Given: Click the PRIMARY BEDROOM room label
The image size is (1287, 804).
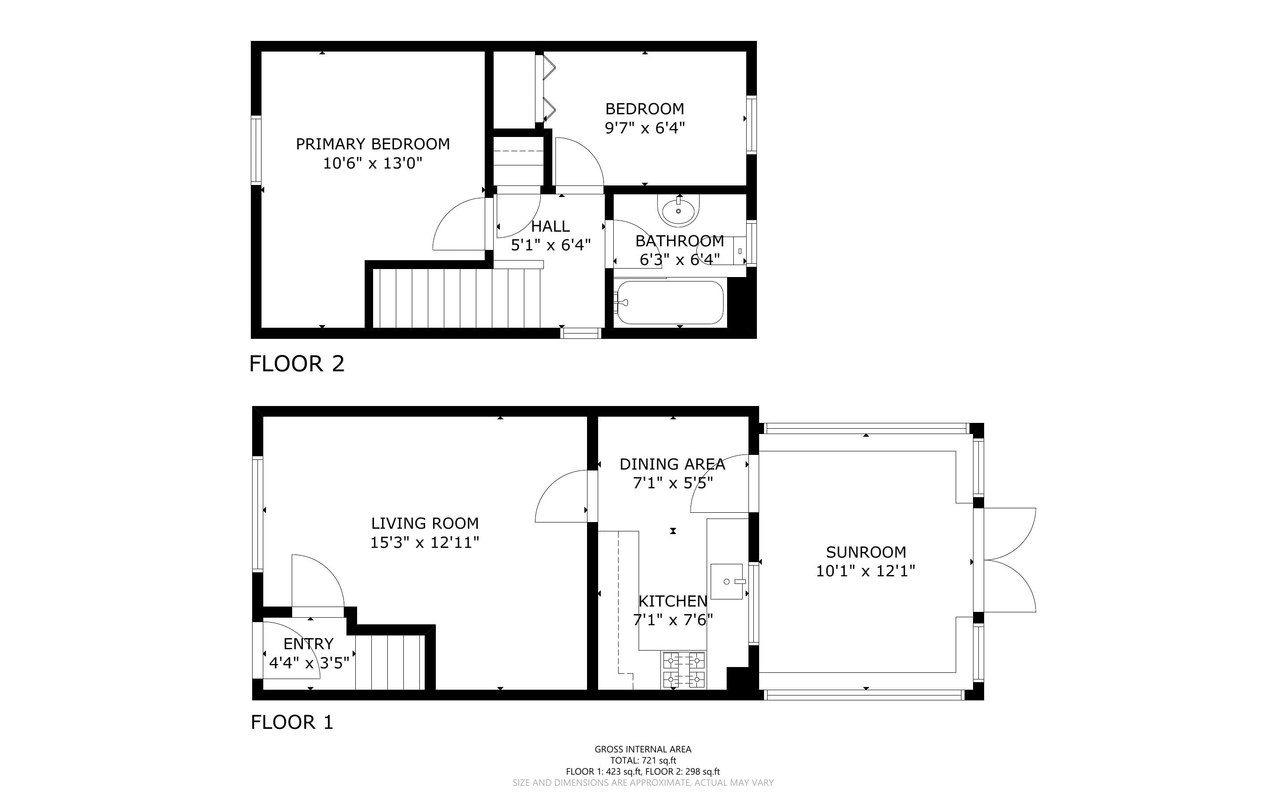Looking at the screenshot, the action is pos(373,144).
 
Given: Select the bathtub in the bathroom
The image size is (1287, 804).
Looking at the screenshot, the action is pos(669,302).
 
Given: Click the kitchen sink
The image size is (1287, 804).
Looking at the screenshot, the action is pos(727,581).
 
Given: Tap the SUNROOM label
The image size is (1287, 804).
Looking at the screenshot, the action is pos(866,552).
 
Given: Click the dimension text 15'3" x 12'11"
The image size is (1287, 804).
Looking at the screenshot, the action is pos(425,543).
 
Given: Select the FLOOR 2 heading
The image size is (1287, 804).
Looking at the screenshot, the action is pos(297,364).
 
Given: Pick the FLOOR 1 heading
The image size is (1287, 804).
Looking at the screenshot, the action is pos(292,722).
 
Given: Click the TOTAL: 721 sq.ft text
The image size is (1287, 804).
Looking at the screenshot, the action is pos(643,760).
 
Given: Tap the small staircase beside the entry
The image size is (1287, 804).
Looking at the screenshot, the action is pos(390,662).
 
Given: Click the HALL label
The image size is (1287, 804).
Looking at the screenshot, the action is pos(550,226).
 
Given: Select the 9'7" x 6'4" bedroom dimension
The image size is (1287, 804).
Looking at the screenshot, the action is pos(645,128).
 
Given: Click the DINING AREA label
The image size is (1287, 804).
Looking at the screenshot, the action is pos(672,464).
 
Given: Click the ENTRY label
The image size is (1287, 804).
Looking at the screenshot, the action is pos(308,644).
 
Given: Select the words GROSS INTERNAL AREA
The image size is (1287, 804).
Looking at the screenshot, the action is pos(643,749).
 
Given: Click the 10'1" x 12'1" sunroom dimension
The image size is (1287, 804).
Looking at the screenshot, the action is pos(866,571).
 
